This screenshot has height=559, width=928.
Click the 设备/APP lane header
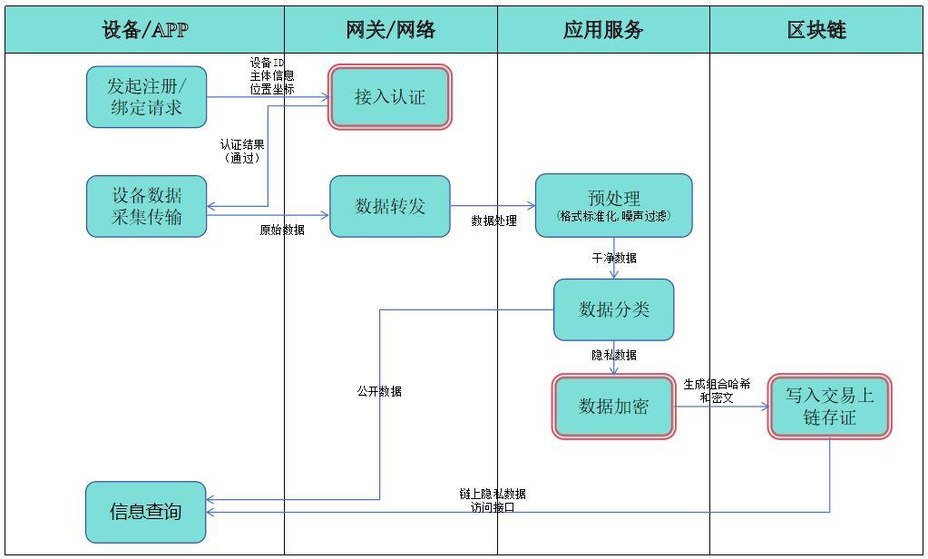145,30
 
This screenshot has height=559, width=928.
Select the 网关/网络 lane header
391,30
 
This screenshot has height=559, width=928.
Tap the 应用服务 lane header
603,30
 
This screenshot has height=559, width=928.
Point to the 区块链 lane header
816,30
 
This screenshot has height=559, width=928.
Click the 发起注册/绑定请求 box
147,97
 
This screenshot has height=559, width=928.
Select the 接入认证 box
390,97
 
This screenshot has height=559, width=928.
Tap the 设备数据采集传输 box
147,206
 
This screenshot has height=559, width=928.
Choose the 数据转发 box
390,206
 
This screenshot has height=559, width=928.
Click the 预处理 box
613,206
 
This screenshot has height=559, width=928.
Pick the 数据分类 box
614,309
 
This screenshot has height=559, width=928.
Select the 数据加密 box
614,407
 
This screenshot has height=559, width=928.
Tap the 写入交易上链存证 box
829,407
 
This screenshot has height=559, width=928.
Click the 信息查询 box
146,512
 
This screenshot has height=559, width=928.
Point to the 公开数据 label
379,392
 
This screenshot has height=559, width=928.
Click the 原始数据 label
282,230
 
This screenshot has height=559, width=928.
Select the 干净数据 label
614,259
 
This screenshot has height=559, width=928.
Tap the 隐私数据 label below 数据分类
614,356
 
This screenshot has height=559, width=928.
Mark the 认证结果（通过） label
242,151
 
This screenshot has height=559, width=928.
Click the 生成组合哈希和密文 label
717,391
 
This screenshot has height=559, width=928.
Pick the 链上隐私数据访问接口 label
493,501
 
